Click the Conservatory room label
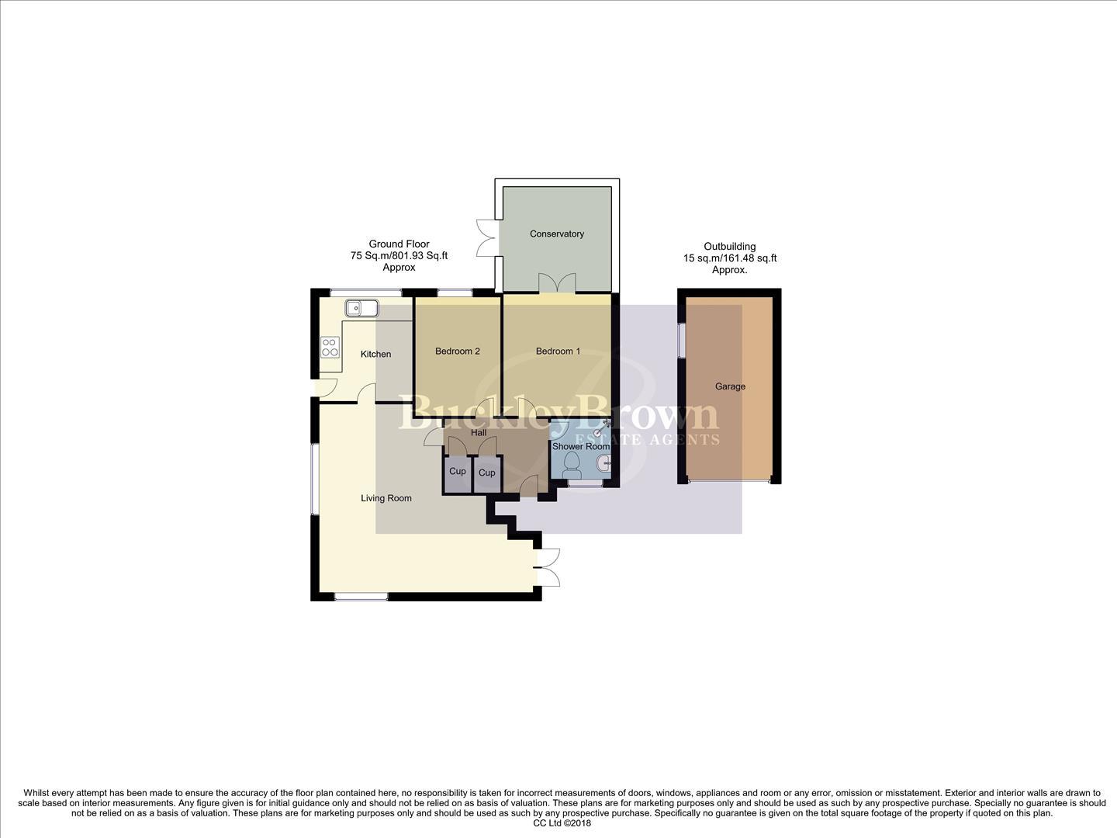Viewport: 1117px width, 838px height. click(x=556, y=234)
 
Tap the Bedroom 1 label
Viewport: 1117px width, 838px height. click(x=558, y=351)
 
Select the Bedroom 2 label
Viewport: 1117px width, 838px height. click(x=457, y=351)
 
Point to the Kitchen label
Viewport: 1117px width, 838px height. click(x=375, y=354)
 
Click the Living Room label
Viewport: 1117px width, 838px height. click(x=386, y=498)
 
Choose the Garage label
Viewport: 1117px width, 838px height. click(x=730, y=386)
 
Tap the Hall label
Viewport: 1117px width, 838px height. click(x=479, y=432)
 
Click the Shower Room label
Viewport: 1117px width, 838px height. click(x=580, y=447)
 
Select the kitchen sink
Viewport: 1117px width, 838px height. click(x=361, y=309)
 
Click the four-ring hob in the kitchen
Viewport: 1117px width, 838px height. click(x=330, y=347)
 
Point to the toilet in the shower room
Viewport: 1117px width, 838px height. click(x=572, y=464)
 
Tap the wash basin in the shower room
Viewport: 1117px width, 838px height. click(x=603, y=465)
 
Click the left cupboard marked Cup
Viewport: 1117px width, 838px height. click(x=458, y=472)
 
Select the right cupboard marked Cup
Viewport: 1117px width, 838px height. click(x=486, y=473)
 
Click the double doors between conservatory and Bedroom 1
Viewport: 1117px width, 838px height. click(x=557, y=283)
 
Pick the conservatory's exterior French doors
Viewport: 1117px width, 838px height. click(x=486, y=236)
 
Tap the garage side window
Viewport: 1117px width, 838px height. click(x=682, y=340)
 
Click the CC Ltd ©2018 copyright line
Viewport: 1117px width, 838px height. click(x=562, y=823)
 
